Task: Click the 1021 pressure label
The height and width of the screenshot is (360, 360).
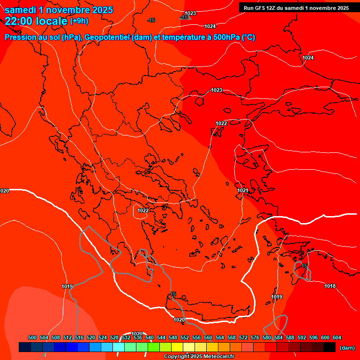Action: (x=242, y=190)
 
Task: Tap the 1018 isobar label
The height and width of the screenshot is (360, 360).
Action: (x=330, y=286)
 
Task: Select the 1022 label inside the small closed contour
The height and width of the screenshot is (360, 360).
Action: (x=143, y=210)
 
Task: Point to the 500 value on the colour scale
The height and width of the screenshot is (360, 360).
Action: (x=32, y=337)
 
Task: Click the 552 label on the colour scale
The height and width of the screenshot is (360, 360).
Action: (x=185, y=337)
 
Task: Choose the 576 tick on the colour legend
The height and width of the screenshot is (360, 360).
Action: (x=255, y=337)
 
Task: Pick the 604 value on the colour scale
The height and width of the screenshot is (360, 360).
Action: (x=337, y=337)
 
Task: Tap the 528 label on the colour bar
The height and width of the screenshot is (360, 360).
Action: (x=114, y=337)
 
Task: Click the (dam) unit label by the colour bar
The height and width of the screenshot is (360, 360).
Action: (x=347, y=348)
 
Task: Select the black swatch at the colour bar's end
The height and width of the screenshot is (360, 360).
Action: (x=330, y=347)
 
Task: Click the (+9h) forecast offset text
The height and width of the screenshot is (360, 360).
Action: (x=79, y=21)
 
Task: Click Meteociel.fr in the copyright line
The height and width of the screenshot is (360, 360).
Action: (x=218, y=357)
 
